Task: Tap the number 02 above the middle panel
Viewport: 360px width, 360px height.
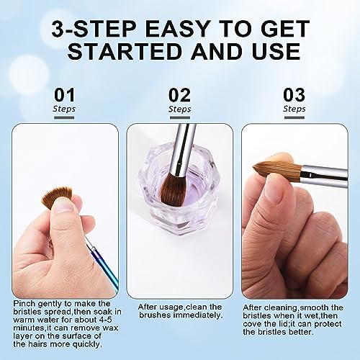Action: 179,94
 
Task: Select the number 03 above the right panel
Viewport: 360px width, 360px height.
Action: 294,94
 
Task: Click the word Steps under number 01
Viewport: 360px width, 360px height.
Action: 64,109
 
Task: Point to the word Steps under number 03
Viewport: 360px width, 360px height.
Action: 294,109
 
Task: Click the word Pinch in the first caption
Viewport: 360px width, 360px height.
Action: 24,304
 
